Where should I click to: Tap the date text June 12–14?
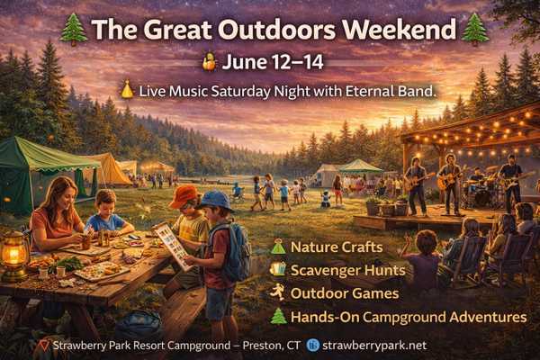coord(273,62)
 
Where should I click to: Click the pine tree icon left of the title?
coord(74,30)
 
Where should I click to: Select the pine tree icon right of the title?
coord(475,30)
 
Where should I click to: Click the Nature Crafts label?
coord(337,247)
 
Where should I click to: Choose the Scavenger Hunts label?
coord(347,270)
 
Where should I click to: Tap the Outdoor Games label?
coord(345,293)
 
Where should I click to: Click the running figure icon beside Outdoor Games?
coord(277,292)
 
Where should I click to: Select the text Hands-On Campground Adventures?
coord(409,318)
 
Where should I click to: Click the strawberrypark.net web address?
coord(374,346)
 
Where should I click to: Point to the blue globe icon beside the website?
coord(313,346)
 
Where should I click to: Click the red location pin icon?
coord(44,346)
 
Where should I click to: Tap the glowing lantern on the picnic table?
coord(14,256)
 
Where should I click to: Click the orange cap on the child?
coord(184,196)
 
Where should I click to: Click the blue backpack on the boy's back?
coord(235,250)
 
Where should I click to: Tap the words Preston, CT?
coord(272,346)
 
